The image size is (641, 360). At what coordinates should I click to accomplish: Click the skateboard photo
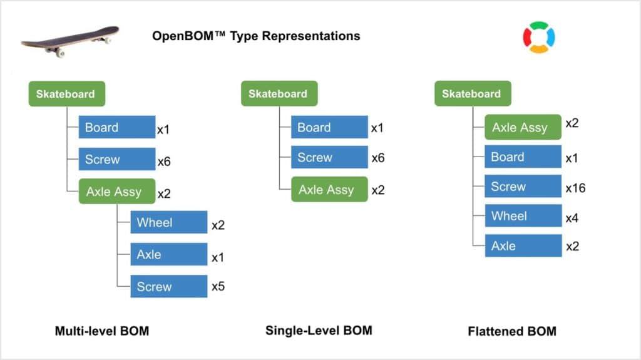pyautogui.click(x=70, y=41)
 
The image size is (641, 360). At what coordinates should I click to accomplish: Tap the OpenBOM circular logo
pyautogui.click(x=539, y=37)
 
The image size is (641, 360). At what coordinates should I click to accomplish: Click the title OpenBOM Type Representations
pyautogui.click(x=256, y=36)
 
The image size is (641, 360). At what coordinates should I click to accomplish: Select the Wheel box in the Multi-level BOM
pyautogui.click(x=169, y=222)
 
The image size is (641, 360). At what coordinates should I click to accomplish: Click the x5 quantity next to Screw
pyautogui.click(x=218, y=286)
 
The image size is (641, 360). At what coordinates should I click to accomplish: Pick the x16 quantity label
pyautogui.click(x=576, y=188)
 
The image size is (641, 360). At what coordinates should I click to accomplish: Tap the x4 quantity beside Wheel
pyautogui.click(x=572, y=218)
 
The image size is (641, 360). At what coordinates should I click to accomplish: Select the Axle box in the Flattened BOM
pyautogui.click(x=523, y=245)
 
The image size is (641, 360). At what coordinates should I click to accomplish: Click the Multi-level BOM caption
pyautogui.click(x=102, y=331)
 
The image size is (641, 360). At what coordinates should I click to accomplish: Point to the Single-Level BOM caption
pyautogui.click(x=319, y=331)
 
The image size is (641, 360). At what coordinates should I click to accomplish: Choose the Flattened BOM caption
pyautogui.click(x=512, y=331)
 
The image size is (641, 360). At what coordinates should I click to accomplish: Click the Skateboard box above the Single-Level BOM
pyautogui.click(x=279, y=94)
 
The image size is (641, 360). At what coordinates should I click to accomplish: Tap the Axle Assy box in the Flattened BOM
pyautogui.click(x=523, y=127)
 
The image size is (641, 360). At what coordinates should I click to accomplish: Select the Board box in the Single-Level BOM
pyautogui.click(x=329, y=127)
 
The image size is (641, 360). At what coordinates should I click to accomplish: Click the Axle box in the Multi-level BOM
pyautogui.click(x=169, y=254)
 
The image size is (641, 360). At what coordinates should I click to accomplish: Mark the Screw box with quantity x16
pyautogui.click(x=523, y=186)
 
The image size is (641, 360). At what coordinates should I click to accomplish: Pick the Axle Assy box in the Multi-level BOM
pyautogui.click(x=117, y=191)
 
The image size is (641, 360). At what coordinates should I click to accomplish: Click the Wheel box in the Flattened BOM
pyautogui.click(x=523, y=215)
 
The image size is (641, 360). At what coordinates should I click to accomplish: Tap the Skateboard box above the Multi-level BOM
pyautogui.click(x=66, y=94)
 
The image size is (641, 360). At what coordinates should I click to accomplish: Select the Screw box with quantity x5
pyautogui.click(x=169, y=286)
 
